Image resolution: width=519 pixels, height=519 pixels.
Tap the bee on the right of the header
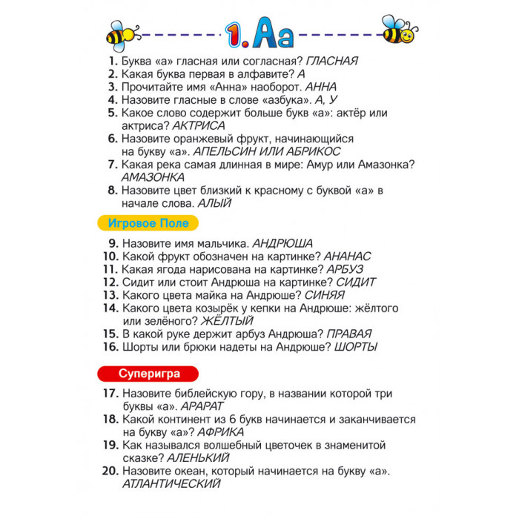(x=399, y=30)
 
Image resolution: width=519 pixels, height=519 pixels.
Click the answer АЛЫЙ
(x=214, y=202)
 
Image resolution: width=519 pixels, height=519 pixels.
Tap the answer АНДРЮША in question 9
(x=283, y=242)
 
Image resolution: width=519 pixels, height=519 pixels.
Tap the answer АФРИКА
(x=215, y=432)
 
